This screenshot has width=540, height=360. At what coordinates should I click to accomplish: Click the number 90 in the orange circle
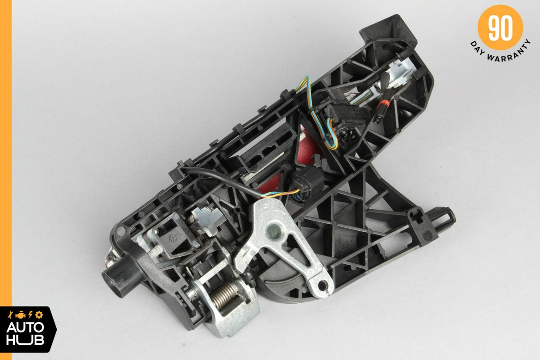[x=500, y=28]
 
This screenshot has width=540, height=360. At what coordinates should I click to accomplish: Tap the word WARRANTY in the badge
[x=508, y=54]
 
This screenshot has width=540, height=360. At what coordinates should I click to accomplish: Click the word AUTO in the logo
[x=25, y=328]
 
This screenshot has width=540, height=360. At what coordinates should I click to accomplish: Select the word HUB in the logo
[x=25, y=340]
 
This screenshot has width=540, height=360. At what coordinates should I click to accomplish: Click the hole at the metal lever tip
[x=322, y=286]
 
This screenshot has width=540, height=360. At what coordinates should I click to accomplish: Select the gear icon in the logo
[x=39, y=315]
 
